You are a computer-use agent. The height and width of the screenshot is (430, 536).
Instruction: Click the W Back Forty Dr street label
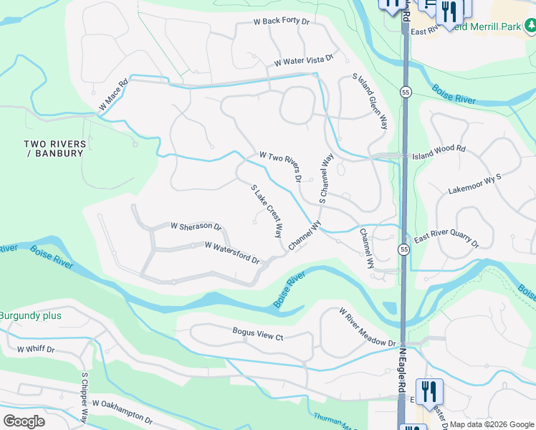pyautogui.click(x=282, y=22)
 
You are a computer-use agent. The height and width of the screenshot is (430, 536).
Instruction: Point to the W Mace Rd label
pyautogui.click(x=113, y=94)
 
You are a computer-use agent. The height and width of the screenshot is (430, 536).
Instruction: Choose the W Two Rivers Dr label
pyautogui.click(x=281, y=166)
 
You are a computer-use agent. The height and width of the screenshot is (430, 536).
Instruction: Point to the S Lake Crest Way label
pyautogui.click(x=267, y=211)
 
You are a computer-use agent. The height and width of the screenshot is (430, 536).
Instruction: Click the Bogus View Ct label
pyautogui.click(x=258, y=335)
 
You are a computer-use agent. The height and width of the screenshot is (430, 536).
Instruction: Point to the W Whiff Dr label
pyautogui.click(x=35, y=349)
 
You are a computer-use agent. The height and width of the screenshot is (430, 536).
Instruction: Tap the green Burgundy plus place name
pyautogui.click(x=30, y=315)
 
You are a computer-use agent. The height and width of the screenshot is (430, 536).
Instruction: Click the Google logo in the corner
pyautogui.click(x=24, y=421)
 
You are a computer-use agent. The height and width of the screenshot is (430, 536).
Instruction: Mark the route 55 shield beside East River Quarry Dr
pyautogui.click(x=404, y=249)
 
